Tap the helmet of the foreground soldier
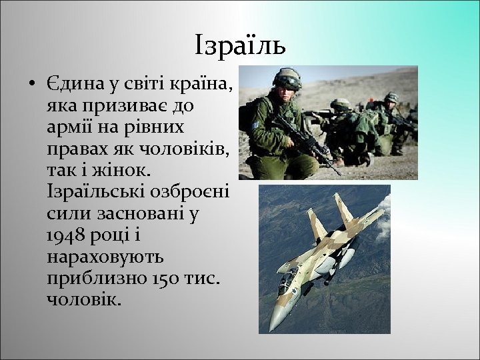pyautogui.click(x=287, y=77)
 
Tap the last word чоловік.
pyautogui.click(x=85, y=299)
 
